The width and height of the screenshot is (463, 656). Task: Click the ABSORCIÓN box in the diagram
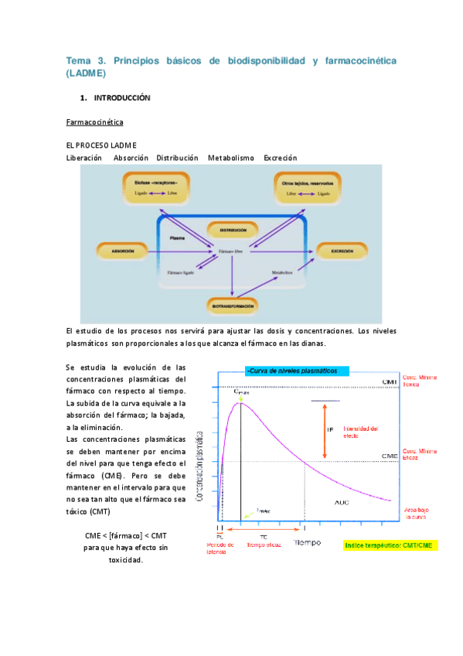tap(122, 251)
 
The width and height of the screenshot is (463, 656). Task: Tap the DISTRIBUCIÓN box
tap(232, 230)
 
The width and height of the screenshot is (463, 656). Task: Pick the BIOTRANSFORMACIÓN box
tap(232, 306)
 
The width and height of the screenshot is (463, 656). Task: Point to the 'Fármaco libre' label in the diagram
tap(231, 252)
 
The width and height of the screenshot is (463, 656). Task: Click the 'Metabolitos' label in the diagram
tap(285, 272)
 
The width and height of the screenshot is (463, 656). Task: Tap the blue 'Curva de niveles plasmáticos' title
tap(297, 371)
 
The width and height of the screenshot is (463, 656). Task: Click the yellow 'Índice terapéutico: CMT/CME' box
tap(390, 545)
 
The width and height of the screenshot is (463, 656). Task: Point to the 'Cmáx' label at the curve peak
tap(242, 394)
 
